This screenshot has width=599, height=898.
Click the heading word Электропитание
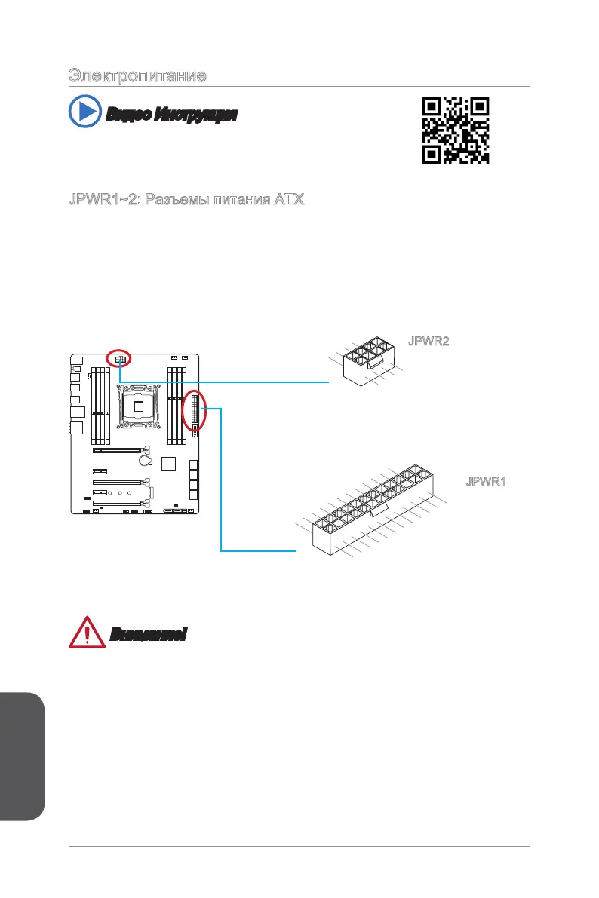(138, 76)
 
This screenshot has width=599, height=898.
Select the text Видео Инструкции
(171, 115)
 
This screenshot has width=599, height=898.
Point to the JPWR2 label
(429, 342)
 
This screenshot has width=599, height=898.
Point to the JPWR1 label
(484, 481)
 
